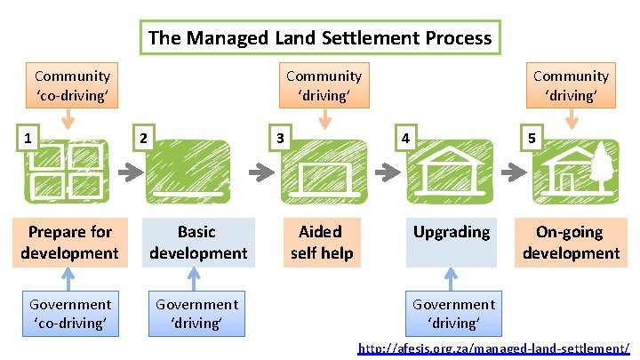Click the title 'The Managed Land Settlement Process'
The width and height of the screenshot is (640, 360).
coord(320,37)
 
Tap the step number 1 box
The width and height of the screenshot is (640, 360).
coord(29,138)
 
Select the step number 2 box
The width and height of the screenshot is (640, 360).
coord(142,138)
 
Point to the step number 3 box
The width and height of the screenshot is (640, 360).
coord(281,138)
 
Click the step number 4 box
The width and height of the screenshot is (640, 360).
coord(405,138)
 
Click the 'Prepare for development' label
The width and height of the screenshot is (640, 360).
coord(70,243)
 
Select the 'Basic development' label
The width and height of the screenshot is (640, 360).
coord(197,243)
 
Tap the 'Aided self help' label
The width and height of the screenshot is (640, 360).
coord(321,243)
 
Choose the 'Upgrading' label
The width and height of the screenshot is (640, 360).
coord(452,233)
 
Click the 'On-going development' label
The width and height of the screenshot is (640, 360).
coord(570,243)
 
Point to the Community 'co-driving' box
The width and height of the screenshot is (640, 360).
coord(73,85)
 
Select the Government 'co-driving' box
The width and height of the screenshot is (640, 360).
coord(71,314)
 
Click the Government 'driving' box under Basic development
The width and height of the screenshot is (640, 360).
coord(197,314)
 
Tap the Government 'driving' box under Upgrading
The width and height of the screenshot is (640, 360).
coord(453,314)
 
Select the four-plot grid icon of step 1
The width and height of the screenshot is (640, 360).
coord(71,170)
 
